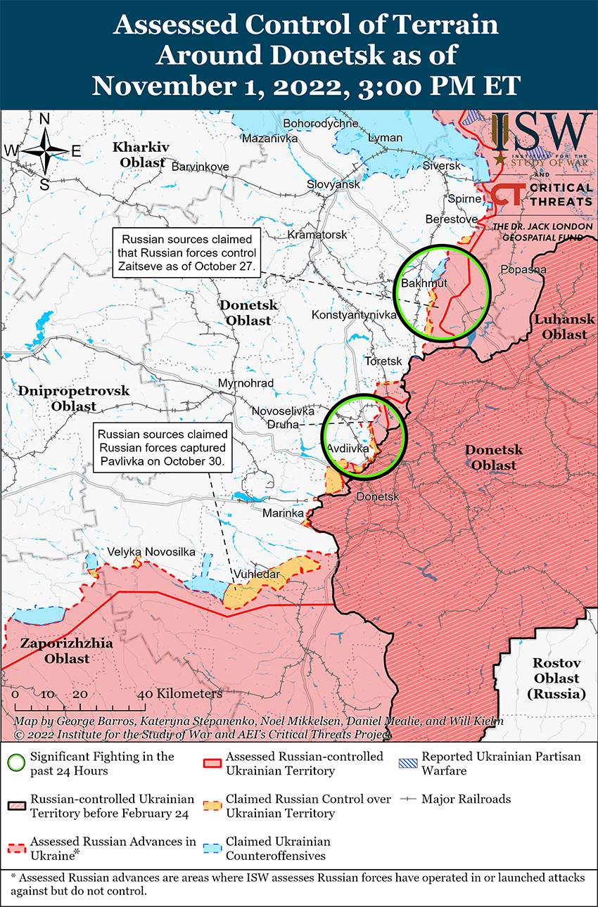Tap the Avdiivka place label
pyautogui.click(x=348, y=448)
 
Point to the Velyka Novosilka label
pyautogui.click(x=151, y=552)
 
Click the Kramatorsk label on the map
pyautogui.click(x=317, y=234)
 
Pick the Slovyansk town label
pyautogui.click(x=333, y=184)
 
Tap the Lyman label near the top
pyautogui.click(x=386, y=138)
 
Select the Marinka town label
pyautogui.click(x=283, y=513)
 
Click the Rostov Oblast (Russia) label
pyautogui.click(x=556, y=678)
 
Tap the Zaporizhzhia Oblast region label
pyautogui.click(x=55, y=651)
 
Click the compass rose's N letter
pyautogui.click(x=44, y=120)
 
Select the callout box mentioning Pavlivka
pyautogui.click(x=163, y=448)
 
